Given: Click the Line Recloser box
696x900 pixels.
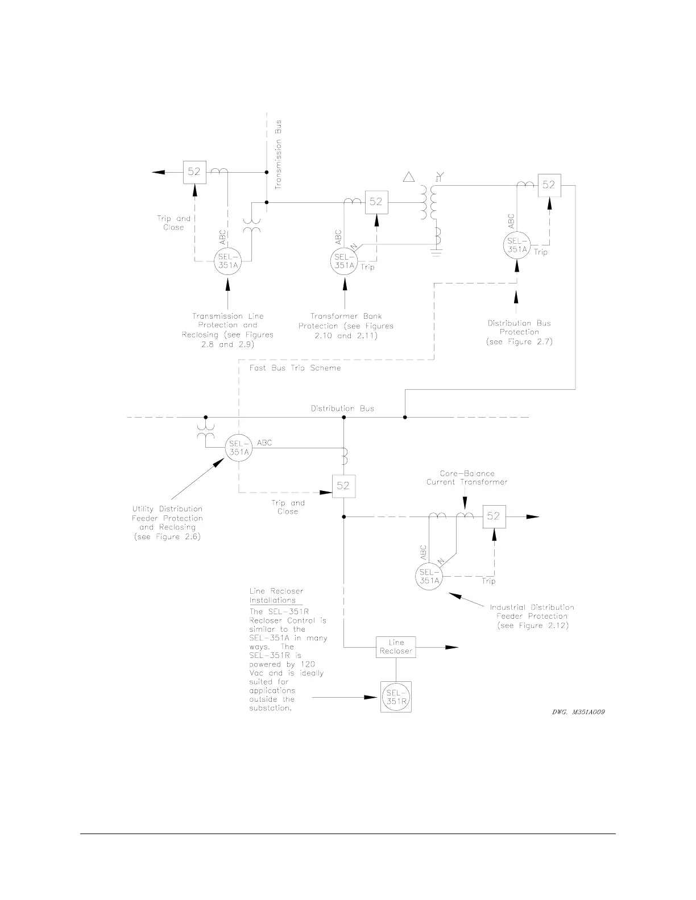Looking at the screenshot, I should [x=396, y=647].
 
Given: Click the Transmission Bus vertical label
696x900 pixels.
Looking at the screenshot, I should [x=277, y=154].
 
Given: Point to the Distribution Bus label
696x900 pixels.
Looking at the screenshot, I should [x=342, y=409].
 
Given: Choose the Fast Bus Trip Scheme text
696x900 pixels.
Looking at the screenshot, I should [x=295, y=368].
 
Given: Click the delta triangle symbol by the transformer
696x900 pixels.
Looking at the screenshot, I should [x=409, y=177].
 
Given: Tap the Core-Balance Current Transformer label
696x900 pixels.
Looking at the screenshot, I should [x=467, y=478].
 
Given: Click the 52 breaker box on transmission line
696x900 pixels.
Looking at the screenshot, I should [x=194, y=172].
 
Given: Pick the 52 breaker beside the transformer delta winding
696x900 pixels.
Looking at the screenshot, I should [x=376, y=201].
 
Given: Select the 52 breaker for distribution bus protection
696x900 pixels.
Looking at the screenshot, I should [x=549, y=185].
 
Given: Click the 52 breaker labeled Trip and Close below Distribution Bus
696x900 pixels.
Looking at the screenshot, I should [x=343, y=486].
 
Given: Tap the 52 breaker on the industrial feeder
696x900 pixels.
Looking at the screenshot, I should [x=494, y=516].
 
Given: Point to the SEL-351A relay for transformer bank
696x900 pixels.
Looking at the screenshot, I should [x=343, y=261].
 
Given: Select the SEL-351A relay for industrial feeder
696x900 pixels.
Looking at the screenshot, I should [x=429, y=577].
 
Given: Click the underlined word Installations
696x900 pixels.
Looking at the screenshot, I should [x=273, y=601].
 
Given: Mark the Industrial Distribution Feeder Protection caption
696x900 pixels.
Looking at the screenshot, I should [x=532, y=616].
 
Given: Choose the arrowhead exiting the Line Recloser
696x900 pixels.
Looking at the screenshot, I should [x=451, y=647].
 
